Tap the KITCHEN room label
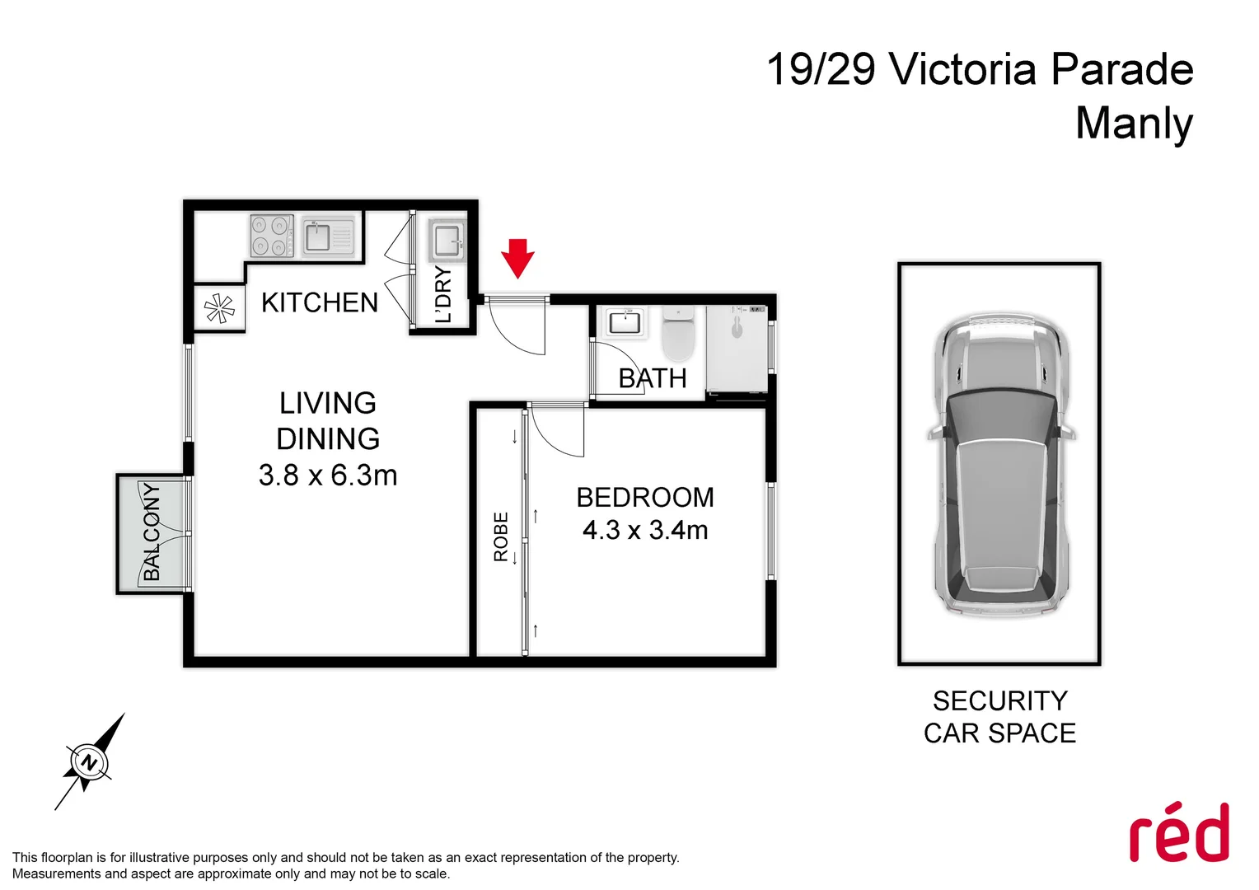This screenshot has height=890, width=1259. (x=320, y=302)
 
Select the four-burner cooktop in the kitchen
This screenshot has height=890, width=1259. (x=272, y=236)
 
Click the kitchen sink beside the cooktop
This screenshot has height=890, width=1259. (x=328, y=237)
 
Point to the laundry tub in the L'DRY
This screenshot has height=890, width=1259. (x=447, y=241)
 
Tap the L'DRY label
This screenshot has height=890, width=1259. (x=443, y=295)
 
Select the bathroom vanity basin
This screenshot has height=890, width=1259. (x=625, y=322)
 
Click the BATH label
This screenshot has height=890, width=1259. (x=653, y=378)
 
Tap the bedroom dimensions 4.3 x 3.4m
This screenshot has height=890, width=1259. (x=645, y=530)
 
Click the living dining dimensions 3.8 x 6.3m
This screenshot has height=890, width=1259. (x=328, y=475)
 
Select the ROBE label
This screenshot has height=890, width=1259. (x=501, y=536)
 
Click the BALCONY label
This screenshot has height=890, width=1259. (x=152, y=532)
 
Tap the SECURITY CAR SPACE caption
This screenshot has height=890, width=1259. (x=999, y=717)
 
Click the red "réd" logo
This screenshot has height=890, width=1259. (x=1179, y=833)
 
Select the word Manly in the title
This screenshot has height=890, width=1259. (x=1134, y=123)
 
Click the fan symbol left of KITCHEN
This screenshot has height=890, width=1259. (x=219, y=309)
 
